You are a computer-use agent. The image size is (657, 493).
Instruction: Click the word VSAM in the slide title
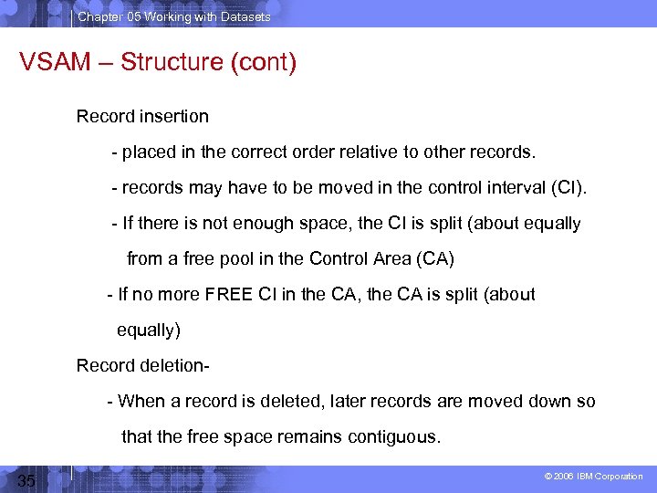[56, 64]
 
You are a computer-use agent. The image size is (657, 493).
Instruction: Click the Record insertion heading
[142, 116]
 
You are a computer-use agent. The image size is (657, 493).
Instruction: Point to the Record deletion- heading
[144, 365]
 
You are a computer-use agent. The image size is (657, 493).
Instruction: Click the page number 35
[26, 481]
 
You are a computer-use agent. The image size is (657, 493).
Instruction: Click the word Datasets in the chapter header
[243, 16]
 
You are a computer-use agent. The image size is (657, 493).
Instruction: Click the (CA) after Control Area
[434, 258]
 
